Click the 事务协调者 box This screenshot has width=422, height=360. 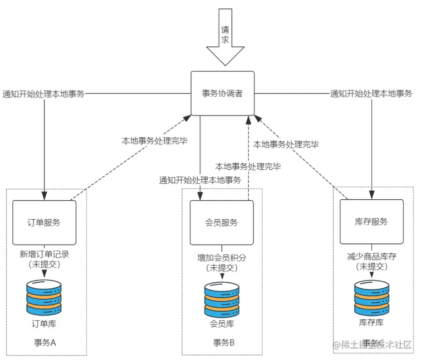[x=222, y=93]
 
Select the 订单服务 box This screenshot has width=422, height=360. [x=44, y=222]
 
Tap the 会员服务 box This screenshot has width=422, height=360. [x=221, y=222]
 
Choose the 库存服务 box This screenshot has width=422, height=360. [x=371, y=222]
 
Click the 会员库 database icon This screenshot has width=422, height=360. [x=221, y=300]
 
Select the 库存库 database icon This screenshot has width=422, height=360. [x=371, y=298]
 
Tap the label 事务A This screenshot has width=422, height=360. [x=44, y=343]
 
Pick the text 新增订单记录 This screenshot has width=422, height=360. [x=44, y=254]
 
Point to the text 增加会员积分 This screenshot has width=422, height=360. [x=221, y=257]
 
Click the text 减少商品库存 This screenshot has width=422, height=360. [x=371, y=256]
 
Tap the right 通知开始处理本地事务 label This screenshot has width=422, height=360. [x=371, y=94]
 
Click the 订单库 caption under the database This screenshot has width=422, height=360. [x=44, y=323]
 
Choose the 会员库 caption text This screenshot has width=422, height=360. [x=221, y=324]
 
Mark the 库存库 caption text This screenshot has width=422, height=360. [x=371, y=323]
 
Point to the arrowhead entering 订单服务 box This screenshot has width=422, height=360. [x=44, y=196]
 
